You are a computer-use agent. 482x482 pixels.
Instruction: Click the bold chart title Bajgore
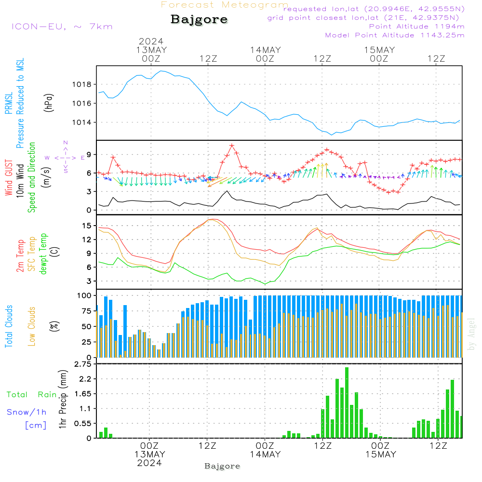point(199,20)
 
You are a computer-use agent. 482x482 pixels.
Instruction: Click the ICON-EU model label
point(62,27)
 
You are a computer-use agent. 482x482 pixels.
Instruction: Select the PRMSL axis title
point(9,104)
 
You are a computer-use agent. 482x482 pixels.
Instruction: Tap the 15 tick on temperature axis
point(87,226)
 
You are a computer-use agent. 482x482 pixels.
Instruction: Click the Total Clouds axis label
point(9,326)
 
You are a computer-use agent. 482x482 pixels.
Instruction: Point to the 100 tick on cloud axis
point(84,295)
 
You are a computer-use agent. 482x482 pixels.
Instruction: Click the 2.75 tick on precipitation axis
point(82,364)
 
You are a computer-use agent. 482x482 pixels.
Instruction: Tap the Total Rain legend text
point(31,395)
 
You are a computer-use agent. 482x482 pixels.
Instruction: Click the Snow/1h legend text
point(27,412)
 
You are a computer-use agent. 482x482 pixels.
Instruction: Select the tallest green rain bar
point(347,402)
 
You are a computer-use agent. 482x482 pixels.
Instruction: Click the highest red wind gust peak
point(232,145)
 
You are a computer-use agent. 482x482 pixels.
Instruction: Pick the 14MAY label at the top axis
point(265,50)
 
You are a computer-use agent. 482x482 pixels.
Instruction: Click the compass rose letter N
point(66,143)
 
